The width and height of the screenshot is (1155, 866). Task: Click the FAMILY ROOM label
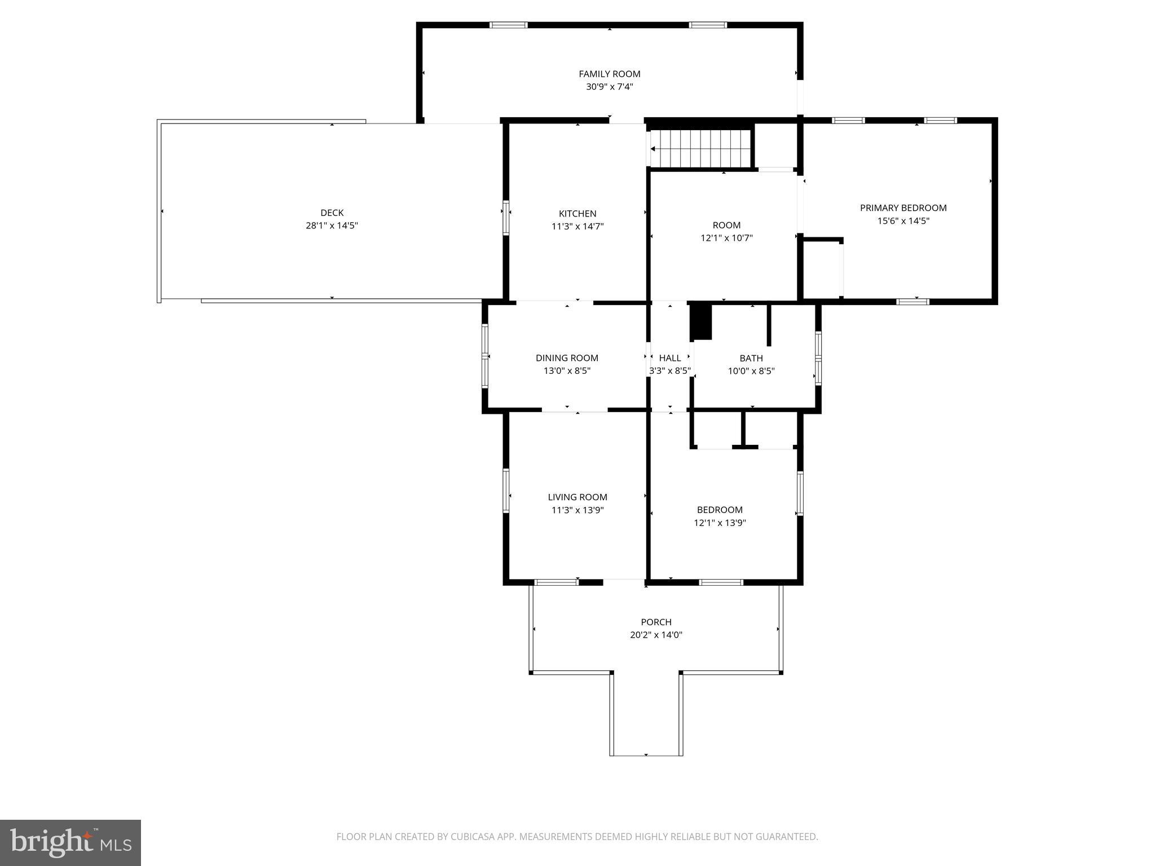[609, 74]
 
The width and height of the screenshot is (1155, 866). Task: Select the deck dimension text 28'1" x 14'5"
[332, 226]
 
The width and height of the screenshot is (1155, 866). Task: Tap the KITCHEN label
[577, 214]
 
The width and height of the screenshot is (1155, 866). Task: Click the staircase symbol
[700, 149]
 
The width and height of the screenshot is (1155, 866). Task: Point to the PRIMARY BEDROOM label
[903, 208]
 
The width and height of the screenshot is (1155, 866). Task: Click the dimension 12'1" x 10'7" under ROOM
[726, 238]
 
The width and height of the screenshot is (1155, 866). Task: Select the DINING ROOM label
[567, 358]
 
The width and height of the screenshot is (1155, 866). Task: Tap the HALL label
[670, 358]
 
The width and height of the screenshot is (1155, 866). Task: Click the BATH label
[751, 358]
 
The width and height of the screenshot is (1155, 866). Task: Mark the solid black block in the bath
[701, 321]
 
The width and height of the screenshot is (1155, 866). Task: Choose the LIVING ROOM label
[577, 497]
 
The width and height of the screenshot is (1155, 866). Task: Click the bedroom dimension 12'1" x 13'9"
[720, 523]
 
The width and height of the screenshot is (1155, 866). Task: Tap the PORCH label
[656, 622]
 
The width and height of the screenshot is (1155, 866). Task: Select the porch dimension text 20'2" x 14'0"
[656, 635]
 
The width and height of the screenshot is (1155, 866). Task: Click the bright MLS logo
[70, 843]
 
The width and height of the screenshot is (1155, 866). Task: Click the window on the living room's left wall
[506, 491]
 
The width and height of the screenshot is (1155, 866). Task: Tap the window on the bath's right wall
[818, 357]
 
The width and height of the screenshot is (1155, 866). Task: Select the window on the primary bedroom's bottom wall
[912, 302]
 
